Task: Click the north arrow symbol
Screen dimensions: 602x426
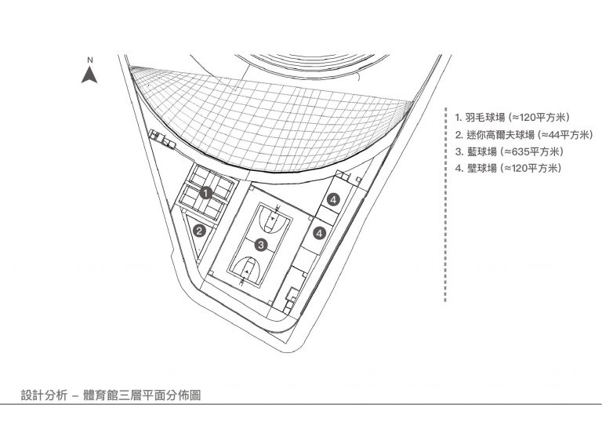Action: click(89, 75)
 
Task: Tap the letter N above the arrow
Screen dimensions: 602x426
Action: click(90, 60)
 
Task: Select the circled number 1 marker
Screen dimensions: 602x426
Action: click(206, 193)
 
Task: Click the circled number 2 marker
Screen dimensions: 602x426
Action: click(199, 231)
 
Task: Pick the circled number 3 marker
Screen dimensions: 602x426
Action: click(261, 245)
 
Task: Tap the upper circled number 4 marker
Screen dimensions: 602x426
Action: click(333, 200)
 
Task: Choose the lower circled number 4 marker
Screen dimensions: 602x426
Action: click(320, 233)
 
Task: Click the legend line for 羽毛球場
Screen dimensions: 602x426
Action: click(513, 117)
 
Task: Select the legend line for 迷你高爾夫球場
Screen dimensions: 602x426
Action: click(524, 135)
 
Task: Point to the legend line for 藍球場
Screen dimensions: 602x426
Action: click(510, 151)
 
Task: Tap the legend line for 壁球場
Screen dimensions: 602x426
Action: click(508, 168)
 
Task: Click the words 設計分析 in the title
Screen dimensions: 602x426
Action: click(44, 395)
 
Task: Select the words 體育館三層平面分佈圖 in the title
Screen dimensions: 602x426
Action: click(142, 395)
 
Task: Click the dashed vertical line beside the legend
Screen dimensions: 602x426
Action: click(445, 205)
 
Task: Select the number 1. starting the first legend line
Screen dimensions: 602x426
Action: click(459, 117)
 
